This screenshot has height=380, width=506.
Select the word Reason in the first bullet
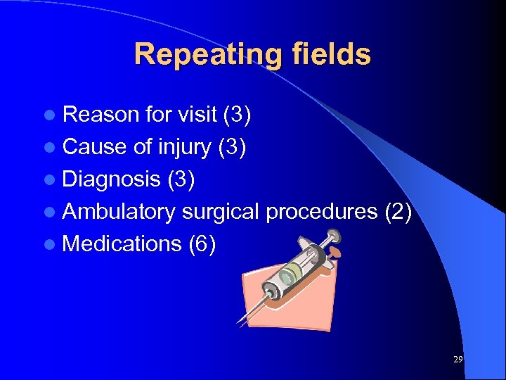(99, 115)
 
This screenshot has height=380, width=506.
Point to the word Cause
(93, 147)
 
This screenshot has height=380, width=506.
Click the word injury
(185, 147)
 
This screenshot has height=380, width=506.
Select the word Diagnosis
(111, 179)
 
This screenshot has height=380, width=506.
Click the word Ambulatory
(119, 211)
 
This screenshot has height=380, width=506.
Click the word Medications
(122, 243)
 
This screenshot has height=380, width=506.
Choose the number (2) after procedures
(397, 211)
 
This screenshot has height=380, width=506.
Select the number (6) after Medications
(202, 243)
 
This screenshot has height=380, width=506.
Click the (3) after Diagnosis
(181, 179)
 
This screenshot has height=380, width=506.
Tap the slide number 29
(458, 360)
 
